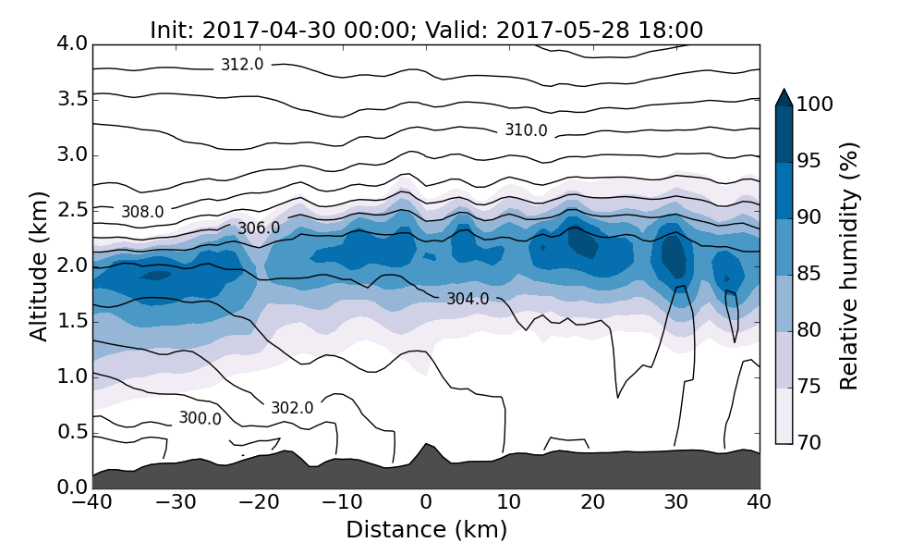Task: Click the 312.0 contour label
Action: (x=242, y=65)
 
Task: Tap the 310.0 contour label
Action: (x=526, y=130)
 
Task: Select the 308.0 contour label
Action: (x=142, y=212)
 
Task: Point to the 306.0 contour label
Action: (x=259, y=228)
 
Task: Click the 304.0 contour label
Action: (x=468, y=299)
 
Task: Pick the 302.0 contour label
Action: (x=292, y=408)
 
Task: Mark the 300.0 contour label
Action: (x=200, y=418)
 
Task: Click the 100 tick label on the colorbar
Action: (x=815, y=105)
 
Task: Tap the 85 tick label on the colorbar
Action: (x=808, y=275)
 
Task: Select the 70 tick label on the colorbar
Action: (x=808, y=443)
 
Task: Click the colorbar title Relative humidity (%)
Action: (x=849, y=265)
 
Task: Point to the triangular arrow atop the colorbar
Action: (x=784, y=97)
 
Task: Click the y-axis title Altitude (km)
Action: (x=39, y=265)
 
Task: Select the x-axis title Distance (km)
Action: (x=426, y=530)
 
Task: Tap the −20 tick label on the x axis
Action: (x=258, y=503)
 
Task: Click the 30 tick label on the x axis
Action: (x=676, y=503)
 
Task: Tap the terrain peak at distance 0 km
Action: (x=426, y=446)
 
